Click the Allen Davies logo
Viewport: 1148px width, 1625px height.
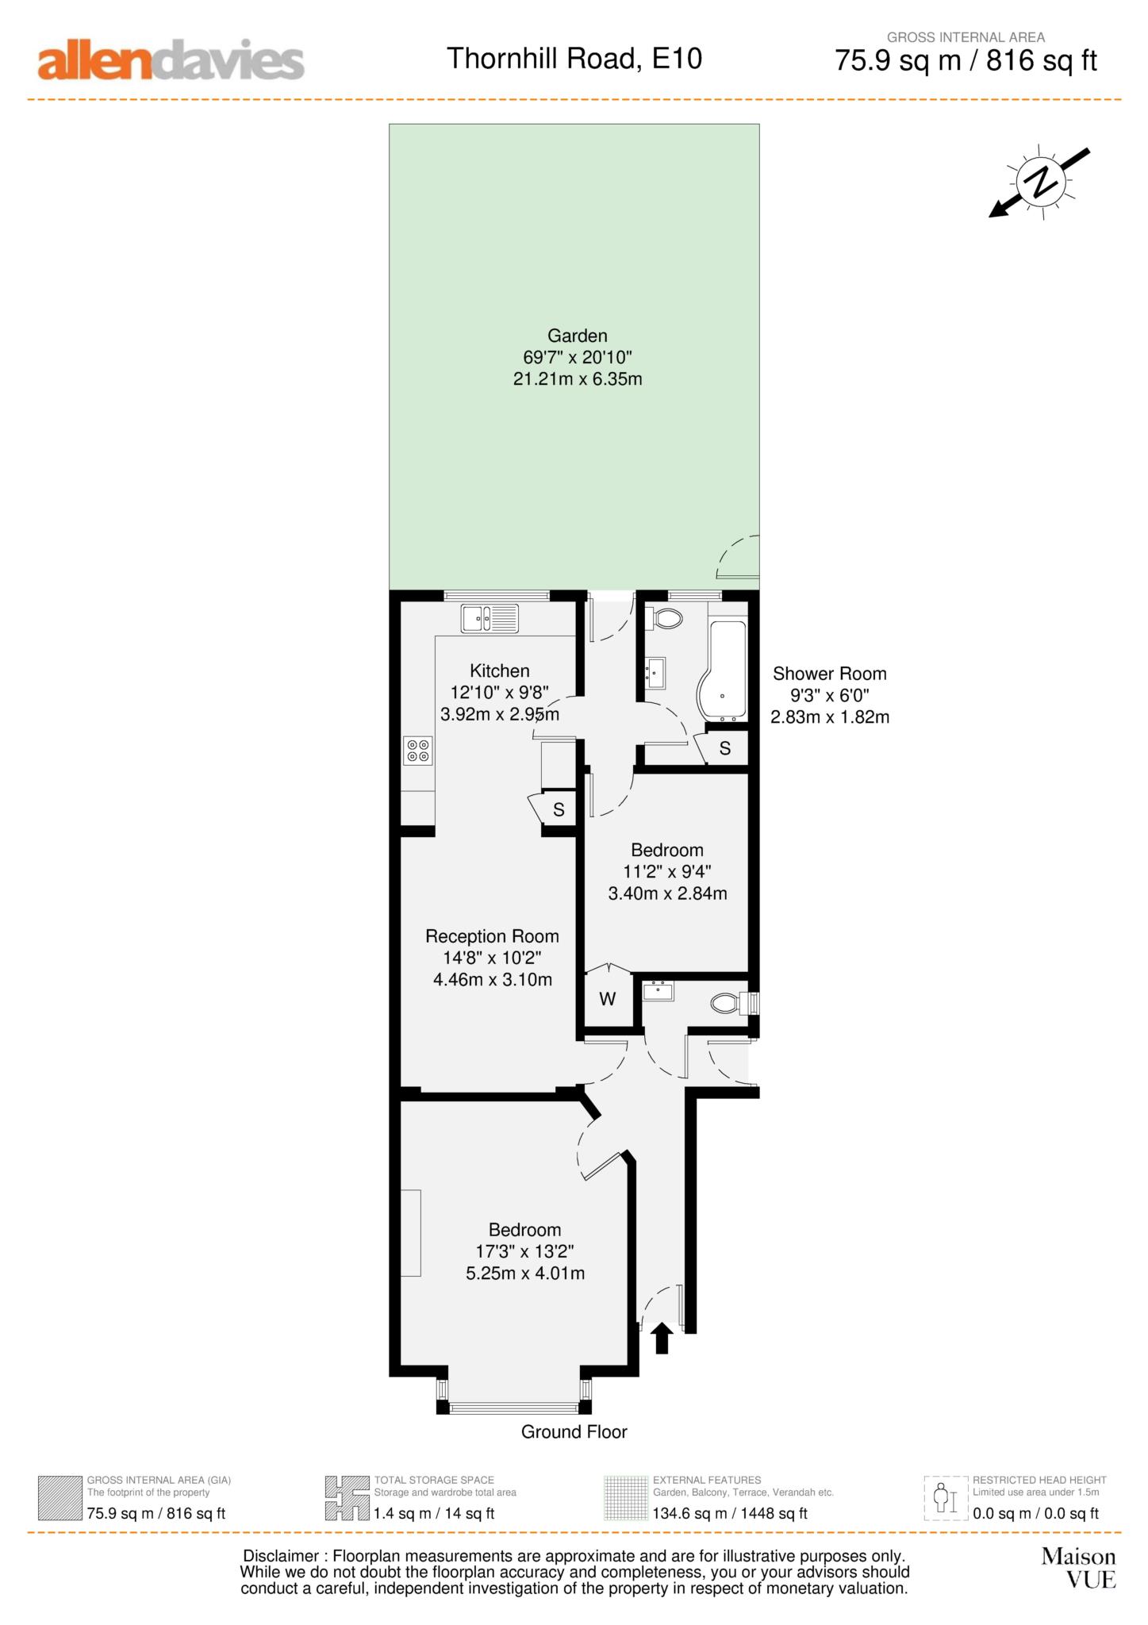pyautogui.click(x=171, y=60)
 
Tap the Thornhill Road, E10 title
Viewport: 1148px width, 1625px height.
pyautogui.click(x=574, y=59)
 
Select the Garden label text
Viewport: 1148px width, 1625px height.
pyautogui.click(x=577, y=336)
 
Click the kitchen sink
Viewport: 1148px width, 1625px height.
pyautogui.click(x=490, y=618)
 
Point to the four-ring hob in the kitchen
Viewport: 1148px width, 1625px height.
pyautogui.click(x=418, y=750)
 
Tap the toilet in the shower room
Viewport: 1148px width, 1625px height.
pyautogui.click(x=665, y=618)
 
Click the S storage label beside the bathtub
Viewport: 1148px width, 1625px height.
pyautogui.click(x=724, y=748)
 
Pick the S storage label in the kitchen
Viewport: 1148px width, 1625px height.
pyautogui.click(x=559, y=810)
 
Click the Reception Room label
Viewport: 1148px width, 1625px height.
pyautogui.click(x=492, y=936)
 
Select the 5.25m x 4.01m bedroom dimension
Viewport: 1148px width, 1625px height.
pyautogui.click(x=525, y=1273)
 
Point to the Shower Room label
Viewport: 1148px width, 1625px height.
pyautogui.click(x=829, y=674)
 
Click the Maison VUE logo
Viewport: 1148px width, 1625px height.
pyautogui.click(x=1078, y=1567)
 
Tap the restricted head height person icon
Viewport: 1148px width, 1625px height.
pyautogui.click(x=942, y=1497)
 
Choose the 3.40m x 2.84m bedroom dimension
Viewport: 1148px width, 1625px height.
pyautogui.click(x=667, y=893)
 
